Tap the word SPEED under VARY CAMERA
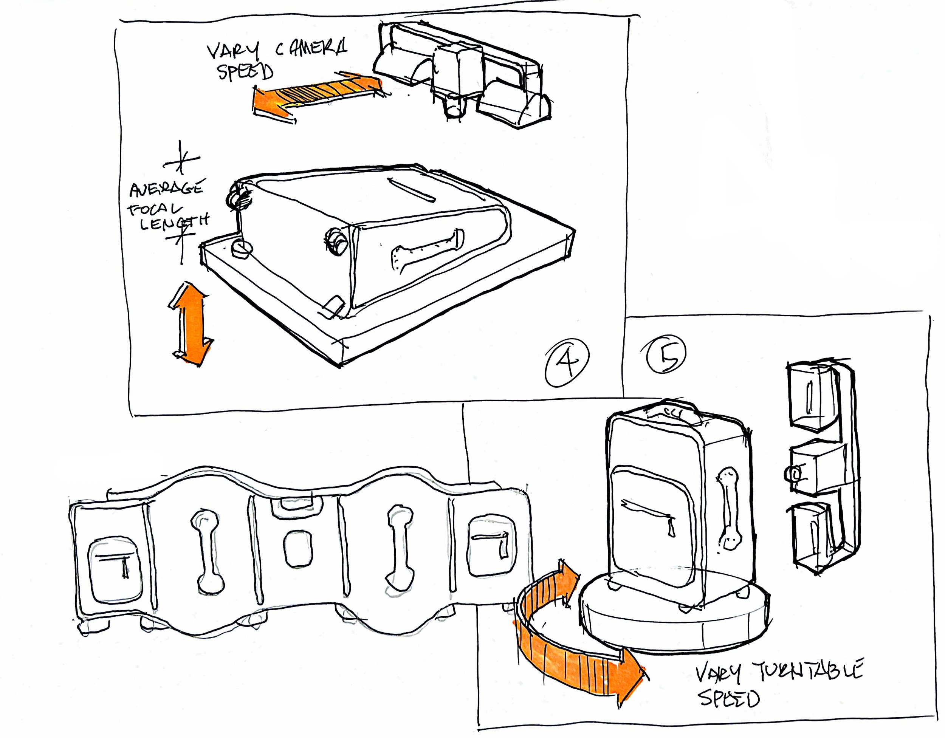tap(245, 72)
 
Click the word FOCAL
tap(155, 210)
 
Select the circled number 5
tap(666, 354)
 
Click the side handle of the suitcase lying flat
tap(426, 250)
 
